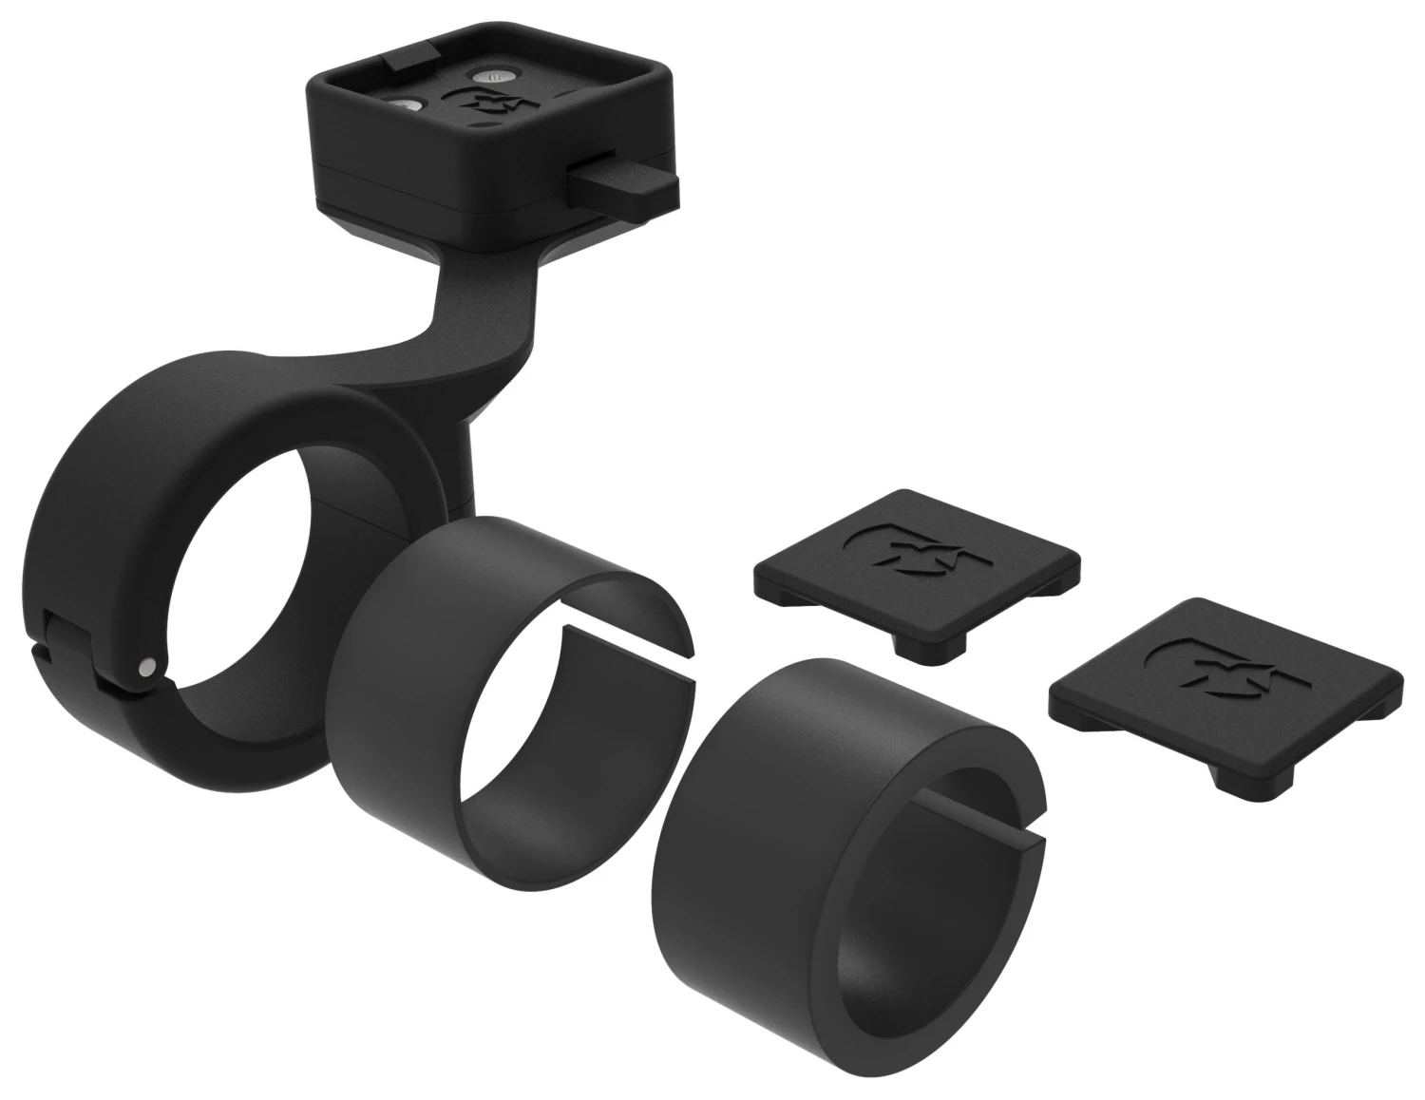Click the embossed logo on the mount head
coord(490,105)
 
